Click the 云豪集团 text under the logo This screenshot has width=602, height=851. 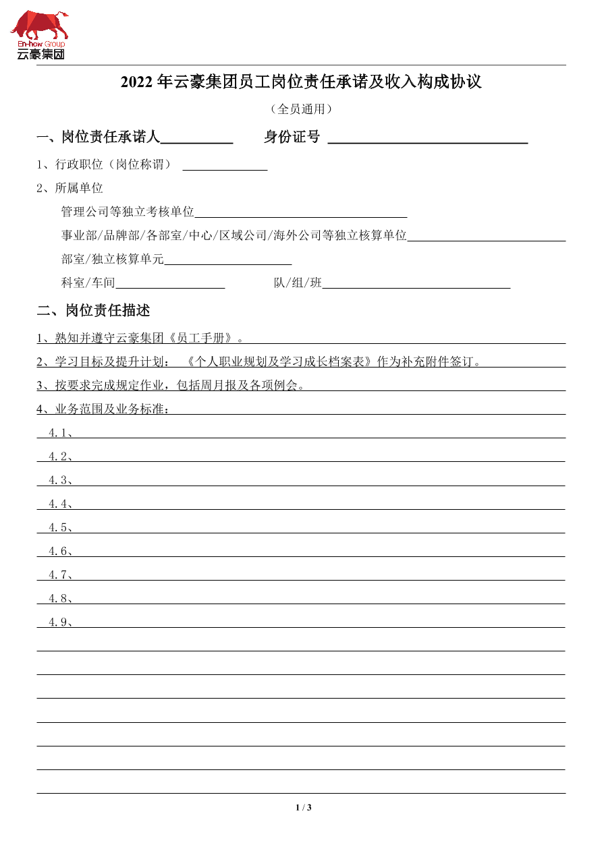41,54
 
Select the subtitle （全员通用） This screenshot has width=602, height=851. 301,109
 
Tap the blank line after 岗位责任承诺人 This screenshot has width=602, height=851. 196,138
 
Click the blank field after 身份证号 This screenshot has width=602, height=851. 427,138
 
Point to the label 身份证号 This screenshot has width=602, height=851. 292,138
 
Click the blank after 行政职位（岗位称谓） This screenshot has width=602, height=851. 225,165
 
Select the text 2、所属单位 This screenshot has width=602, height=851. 70,188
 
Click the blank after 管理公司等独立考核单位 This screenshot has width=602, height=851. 300,212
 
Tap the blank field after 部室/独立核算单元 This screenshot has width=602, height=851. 227,259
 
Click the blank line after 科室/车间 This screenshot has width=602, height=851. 170,283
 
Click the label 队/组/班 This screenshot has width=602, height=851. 298,283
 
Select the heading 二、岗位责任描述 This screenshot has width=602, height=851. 93,311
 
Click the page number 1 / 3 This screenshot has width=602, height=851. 303,808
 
